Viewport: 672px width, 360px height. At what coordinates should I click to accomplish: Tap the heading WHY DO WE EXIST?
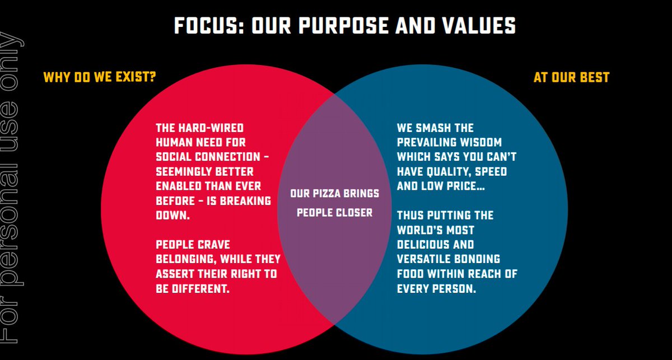click(x=100, y=77)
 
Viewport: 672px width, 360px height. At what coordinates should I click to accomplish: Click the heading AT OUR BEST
click(x=571, y=77)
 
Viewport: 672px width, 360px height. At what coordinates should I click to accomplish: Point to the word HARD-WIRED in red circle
click(x=213, y=128)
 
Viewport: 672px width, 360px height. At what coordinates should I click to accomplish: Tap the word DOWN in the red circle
click(x=172, y=215)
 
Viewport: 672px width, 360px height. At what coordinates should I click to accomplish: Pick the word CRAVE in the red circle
click(x=214, y=245)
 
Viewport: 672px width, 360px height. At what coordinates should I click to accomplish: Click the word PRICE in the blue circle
click(x=463, y=186)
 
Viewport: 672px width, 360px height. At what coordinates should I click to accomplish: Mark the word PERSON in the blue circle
click(x=455, y=289)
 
